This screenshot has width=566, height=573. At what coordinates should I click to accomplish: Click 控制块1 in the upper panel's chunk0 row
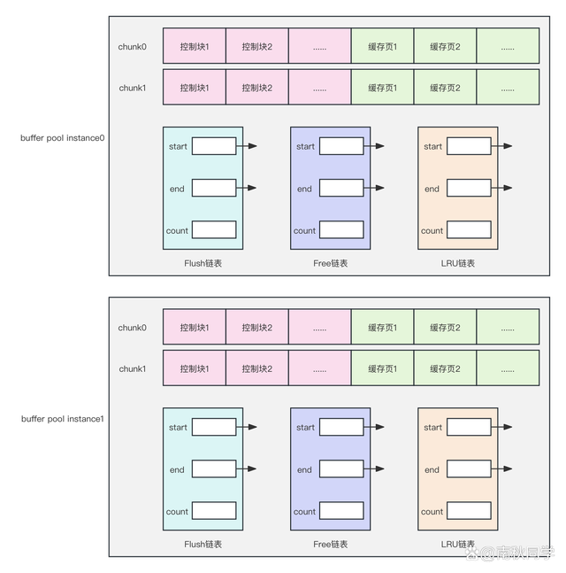[x=195, y=46]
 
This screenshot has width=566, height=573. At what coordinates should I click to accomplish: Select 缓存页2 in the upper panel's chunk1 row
[x=445, y=88]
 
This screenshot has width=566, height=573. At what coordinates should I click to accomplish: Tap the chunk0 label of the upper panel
[x=133, y=46]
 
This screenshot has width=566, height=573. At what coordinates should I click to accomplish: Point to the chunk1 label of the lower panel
[x=133, y=368]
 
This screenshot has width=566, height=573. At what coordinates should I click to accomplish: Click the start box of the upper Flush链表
[x=214, y=146]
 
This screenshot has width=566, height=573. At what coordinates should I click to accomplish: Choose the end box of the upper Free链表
[x=341, y=188]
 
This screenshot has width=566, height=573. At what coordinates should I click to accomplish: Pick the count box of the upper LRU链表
[x=469, y=230]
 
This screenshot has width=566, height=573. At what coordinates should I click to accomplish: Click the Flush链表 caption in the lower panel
[x=203, y=544]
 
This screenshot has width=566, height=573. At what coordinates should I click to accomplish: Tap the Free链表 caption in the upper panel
[x=330, y=263]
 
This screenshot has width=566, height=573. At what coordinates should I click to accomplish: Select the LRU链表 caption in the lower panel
[x=457, y=544]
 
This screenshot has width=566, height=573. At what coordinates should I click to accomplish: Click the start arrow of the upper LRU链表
[x=504, y=146]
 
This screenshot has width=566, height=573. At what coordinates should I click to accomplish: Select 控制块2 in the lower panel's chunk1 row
[x=256, y=368]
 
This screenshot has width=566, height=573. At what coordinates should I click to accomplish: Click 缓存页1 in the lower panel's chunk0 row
[x=382, y=328]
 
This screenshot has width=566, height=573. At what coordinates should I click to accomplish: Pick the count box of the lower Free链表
[x=341, y=511]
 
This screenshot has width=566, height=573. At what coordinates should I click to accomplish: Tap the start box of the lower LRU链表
[x=469, y=427]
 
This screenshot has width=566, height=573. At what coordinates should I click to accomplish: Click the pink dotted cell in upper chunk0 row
[x=319, y=46]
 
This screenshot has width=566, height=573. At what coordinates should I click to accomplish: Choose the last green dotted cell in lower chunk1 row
[x=508, y=368]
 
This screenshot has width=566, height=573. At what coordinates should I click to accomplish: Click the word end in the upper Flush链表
[x=177, y=189]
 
